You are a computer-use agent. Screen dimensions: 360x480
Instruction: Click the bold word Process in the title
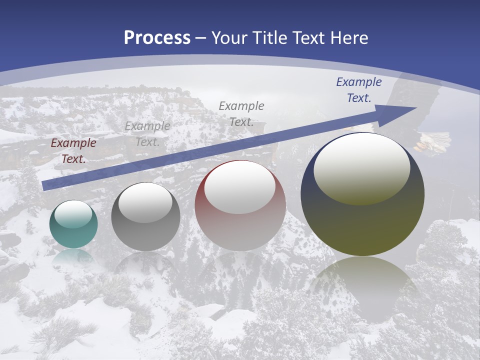(x=157, y=38)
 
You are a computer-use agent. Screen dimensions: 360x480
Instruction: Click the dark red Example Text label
(x=73, y=151)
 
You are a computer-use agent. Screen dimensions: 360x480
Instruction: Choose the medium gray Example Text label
(x=241, y=113)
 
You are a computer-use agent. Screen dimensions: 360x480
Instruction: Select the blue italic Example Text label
(x=358, y=90)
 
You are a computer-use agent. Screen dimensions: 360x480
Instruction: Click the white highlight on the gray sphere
(x=145, y=202)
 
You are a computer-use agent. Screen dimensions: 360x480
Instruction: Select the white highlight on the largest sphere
(x=361, y=167)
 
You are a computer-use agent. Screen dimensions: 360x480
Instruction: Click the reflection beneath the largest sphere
(x=362, y=285)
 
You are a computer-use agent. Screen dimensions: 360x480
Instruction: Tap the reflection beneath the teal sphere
(x=73, y=256)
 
